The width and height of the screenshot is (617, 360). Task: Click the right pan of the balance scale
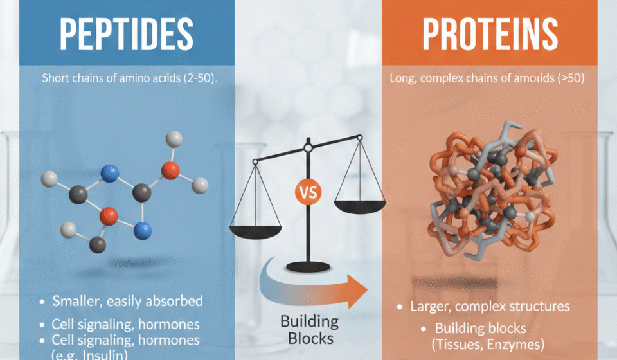click(359, 207)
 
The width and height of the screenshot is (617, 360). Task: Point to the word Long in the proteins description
click(402, 78)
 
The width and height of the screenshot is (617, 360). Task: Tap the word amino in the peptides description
click(130, 78)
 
